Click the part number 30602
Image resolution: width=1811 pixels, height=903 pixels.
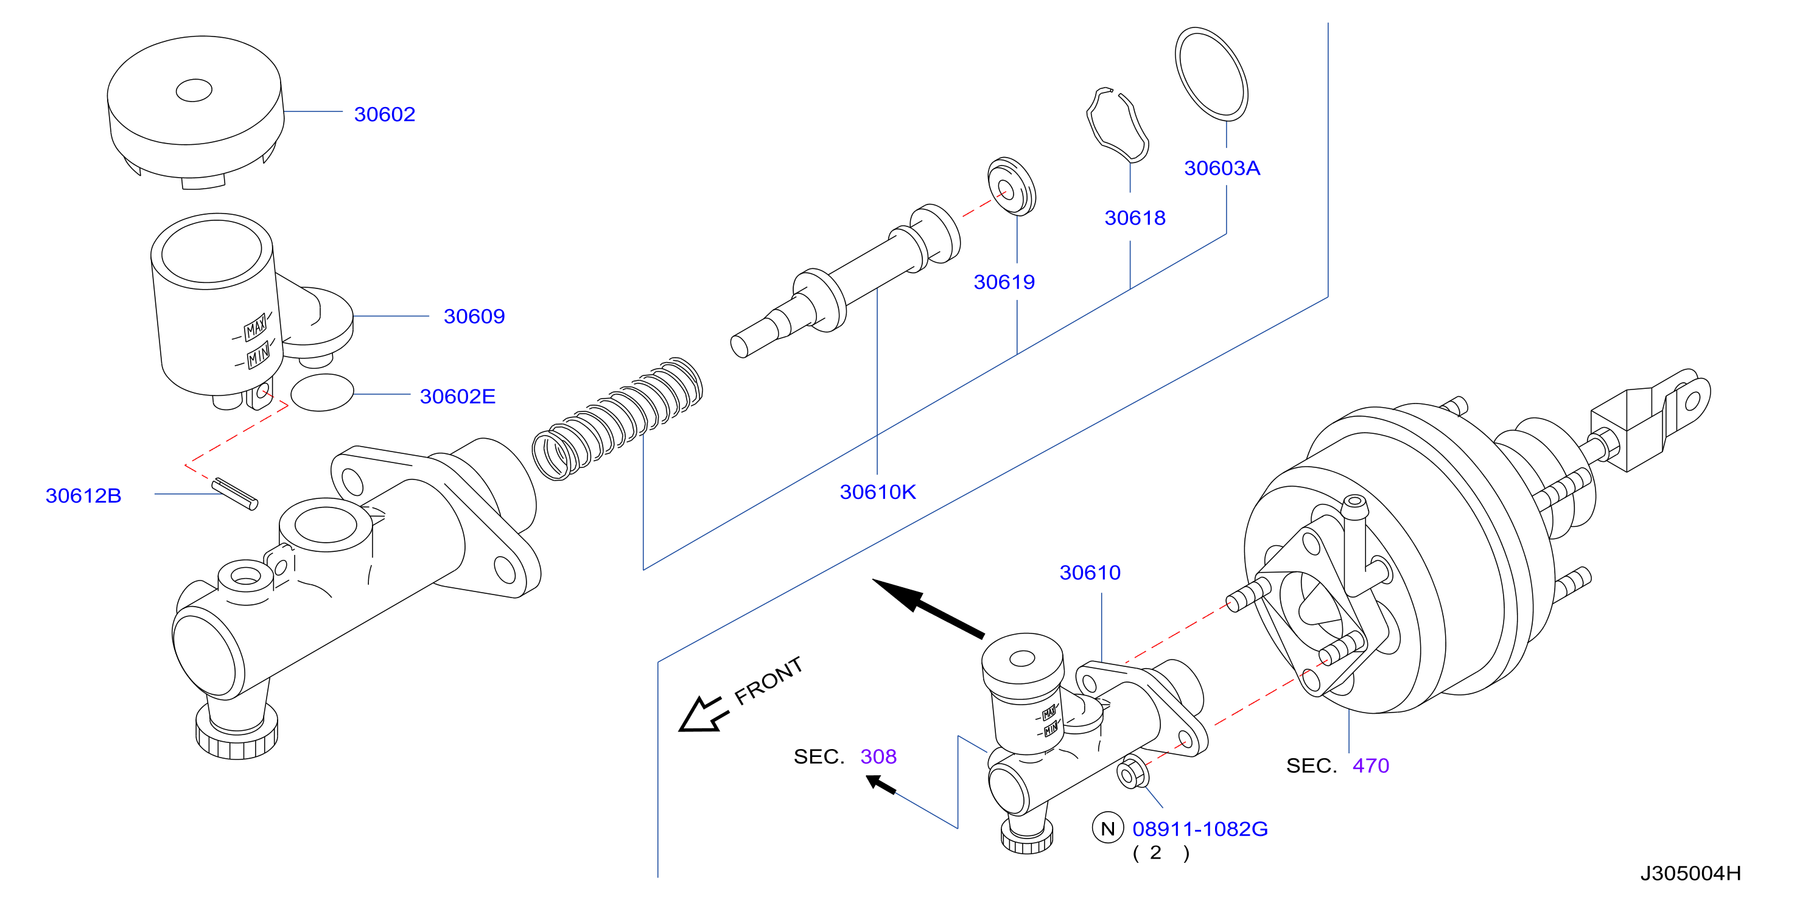pyautogui.click(x=385, y=114)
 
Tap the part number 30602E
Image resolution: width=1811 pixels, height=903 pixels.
pyautogui.click(x=458, y=396)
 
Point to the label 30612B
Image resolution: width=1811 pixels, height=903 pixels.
pyautogui.click(x=83, y=495)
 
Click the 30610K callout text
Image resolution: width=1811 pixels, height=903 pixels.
pyautogui.click(x=878, y=492)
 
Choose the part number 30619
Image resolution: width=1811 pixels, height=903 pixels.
pyautogui.click(x=1004, y=282)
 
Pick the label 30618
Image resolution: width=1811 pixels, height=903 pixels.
pyautogui.click(x=1135, y=218)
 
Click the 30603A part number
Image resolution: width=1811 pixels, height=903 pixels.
pyautogui.click(x=1222, y=168)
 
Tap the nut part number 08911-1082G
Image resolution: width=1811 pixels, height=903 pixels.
pyautogui.click(x=1200, y=829)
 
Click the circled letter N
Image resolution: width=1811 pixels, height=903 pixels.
pyautogui.click(x=1108, y=829)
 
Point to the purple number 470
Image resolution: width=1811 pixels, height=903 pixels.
pyautogui.click(x=1370, y=765)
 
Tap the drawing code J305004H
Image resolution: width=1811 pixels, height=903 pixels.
pyautogui.click(x=1691, y=873)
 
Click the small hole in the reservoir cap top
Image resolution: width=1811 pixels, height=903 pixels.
pyautogui.click(x=194, y=90)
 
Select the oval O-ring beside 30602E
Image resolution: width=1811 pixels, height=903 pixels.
pyautogui.click(x=322, y=392)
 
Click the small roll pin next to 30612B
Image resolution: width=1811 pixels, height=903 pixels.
pyautogui.click(x=235, y=493)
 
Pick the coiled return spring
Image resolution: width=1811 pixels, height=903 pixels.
pyautogui.click(x=617, y=419)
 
